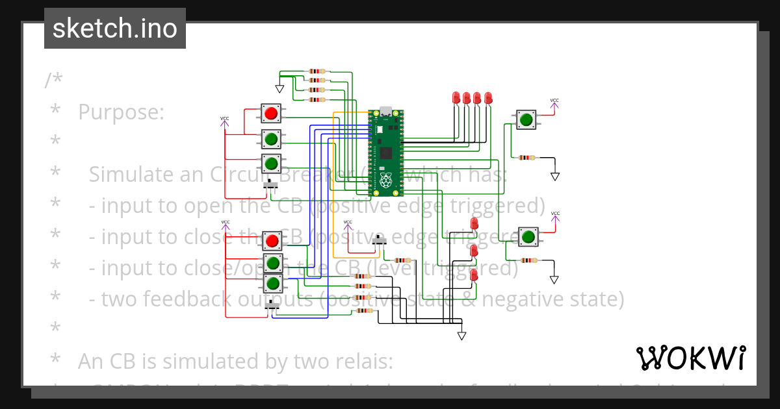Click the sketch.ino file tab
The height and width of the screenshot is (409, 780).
click(x=115, y=29)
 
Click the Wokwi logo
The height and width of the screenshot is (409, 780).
click(x=690, y=358)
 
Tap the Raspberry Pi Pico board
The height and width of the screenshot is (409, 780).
click(x=386, y=153)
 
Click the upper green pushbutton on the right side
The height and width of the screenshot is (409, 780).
click(x=526, y=119)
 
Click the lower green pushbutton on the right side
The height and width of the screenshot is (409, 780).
click(x=528, y=236)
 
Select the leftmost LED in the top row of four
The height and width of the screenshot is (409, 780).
click(x=456, y=97)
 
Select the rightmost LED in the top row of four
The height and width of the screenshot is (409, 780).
click(x=488, y=97)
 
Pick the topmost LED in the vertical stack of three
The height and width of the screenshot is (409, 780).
click(x=474, y=223)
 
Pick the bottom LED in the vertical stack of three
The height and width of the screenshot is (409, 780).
click(x=473, y=275)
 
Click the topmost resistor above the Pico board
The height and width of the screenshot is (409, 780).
click(x=317, y=71)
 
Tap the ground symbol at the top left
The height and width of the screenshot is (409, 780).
click(x=280, y=89)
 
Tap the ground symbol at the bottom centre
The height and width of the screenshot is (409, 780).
click(x=461, y=336)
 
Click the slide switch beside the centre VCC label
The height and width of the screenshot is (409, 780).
click(x=380, y=242)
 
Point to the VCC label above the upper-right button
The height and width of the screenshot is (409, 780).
click(x=554, y=101)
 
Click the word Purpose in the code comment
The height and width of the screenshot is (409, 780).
click(x=121, y=112)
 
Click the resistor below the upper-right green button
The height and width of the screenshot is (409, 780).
click(x=528, y=157)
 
